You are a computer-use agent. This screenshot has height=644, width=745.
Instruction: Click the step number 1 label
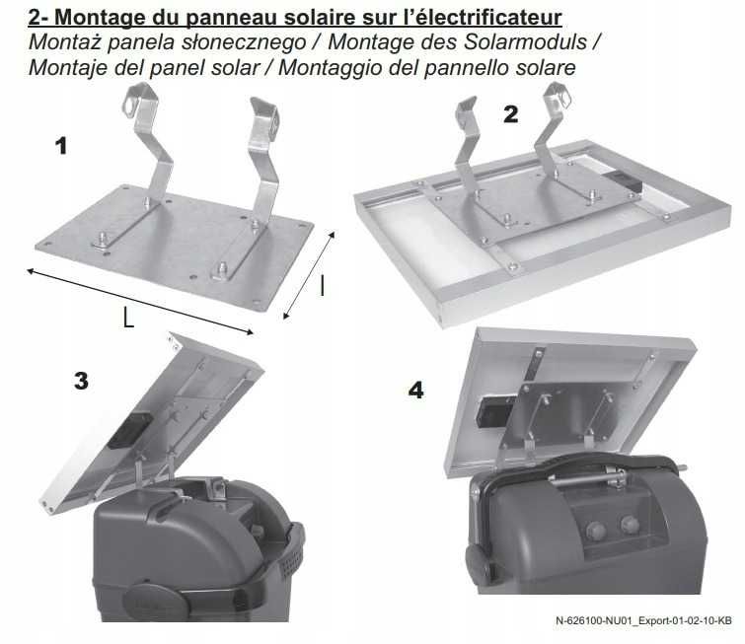point(61,146)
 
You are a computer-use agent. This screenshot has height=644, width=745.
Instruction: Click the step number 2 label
point(511,114)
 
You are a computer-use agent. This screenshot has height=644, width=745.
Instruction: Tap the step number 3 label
point(81,381)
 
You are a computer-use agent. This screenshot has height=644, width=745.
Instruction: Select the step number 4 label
point(415,391)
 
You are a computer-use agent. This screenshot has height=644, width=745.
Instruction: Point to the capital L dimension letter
point(128,318)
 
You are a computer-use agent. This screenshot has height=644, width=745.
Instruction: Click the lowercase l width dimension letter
point(323,285)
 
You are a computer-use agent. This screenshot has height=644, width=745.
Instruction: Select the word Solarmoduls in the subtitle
point(525,41)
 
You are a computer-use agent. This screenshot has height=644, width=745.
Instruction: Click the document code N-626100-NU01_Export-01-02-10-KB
point(643,620)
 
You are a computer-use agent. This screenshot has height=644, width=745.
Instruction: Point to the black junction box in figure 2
point(625,182)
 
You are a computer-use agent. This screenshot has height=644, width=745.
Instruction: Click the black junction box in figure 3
point(128,431)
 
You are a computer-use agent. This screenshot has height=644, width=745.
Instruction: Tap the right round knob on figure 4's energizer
point(630,524)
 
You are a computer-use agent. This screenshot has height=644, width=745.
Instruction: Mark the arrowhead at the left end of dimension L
point(31,271)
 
